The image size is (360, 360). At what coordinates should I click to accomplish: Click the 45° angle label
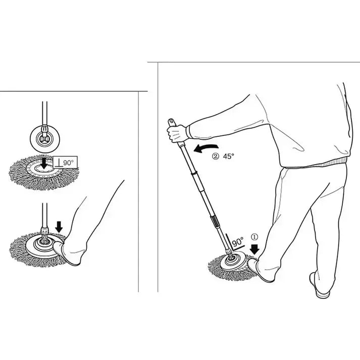pos(229,157)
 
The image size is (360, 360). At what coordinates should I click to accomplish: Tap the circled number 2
pos(215,157)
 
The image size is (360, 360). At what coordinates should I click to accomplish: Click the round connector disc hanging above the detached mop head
pos(45,137)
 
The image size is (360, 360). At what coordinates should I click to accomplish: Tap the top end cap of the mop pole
pos(171,122)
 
